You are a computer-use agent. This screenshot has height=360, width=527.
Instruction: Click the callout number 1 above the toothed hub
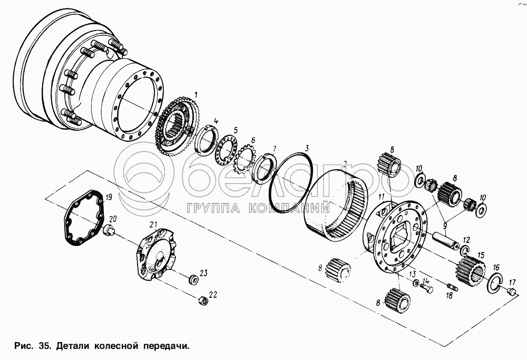coord(196,94)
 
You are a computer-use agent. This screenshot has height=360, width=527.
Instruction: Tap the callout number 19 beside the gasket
coord(109,197)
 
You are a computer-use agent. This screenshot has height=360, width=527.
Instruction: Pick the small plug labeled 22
coord(203,300)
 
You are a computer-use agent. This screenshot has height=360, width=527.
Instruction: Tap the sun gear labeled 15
coord(471,269)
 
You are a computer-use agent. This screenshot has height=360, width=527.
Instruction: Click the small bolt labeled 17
coord(511,291)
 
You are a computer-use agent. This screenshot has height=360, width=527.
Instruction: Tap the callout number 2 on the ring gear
coord(345,164)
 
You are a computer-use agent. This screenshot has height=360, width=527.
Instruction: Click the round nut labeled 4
coord(205,140)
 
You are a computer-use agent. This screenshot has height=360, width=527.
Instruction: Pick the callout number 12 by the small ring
coord(466,240)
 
